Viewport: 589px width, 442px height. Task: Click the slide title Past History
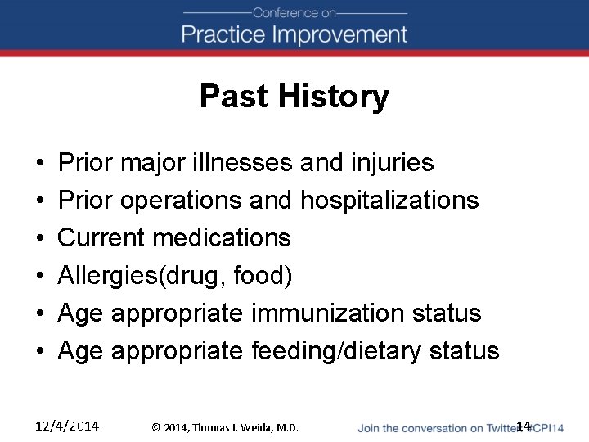pos(294,97)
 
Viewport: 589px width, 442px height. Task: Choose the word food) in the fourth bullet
pos(263,276)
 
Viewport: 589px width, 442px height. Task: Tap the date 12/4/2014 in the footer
pos(67,426)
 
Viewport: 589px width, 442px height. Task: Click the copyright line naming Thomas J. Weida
pos(226,427)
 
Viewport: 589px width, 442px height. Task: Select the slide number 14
pos(524,426)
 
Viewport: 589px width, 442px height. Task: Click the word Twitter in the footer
pos(500,427)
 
